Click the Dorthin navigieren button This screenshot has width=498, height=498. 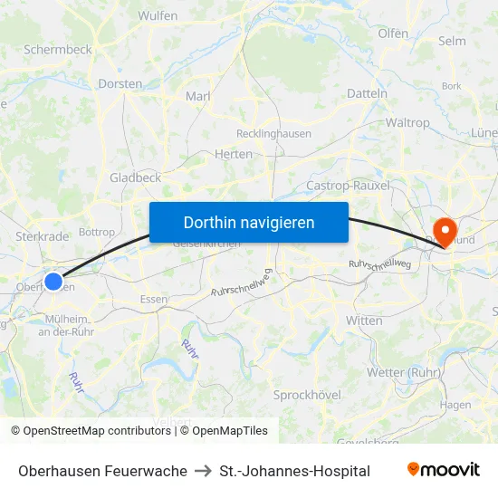248,222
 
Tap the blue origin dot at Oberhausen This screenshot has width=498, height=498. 53,282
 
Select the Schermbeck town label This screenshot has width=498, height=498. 58,50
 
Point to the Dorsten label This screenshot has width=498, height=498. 120,83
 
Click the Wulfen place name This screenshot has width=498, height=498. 158,15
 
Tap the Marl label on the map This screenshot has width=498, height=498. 197,96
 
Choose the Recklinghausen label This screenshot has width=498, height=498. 273,133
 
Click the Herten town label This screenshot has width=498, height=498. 234,154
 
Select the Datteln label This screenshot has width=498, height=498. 367,92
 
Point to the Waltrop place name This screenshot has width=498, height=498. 407,122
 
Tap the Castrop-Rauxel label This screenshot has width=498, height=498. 349,185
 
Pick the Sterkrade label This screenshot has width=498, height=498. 42,236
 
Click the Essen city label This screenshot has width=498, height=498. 153,299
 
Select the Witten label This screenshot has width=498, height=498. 364,321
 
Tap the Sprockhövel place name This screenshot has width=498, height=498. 308,395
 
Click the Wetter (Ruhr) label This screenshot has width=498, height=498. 403,372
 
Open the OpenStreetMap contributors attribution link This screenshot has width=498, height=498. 97,431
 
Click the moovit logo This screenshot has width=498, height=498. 444,470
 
